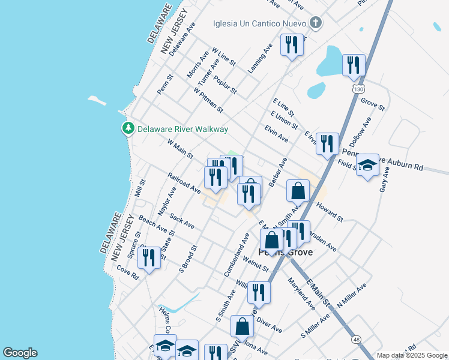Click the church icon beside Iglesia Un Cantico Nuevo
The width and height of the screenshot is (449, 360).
pyautogui.click(x=316, y=24)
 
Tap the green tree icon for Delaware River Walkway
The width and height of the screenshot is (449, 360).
pyautogui.click(x=128, y=128)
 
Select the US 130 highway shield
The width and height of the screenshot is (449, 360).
pyautogui.click(x=358, y=89)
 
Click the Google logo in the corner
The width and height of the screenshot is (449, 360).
pyautogui.click(x=19, y=353)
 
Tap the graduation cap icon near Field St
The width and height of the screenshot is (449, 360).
pyautogui.click(x=367, y=166)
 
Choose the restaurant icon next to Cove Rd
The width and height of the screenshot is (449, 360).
pyautogui.click(x=148, y=258)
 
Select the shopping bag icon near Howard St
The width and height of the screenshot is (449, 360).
pyautogui.click(x=298, y=191)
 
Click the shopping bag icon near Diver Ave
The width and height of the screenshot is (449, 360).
pyautogui.click(x=242, y=326)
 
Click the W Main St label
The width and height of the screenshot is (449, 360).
pyautogui.click(x=180, y=150)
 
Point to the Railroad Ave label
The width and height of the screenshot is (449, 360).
pyautogui.click(x=184, y=183)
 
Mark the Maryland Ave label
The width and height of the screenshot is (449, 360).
pyautogui.click(x=301, y=293)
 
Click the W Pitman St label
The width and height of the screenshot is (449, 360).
pyautogui.click(x=208, y=101)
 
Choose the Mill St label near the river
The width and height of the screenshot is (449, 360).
pyautogui.click(x=140, y=188)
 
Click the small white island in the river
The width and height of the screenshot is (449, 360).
pyautogui.click(x=97, y=100)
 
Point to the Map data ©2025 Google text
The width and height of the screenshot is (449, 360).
pyautogui.click(x=412, y=355)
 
